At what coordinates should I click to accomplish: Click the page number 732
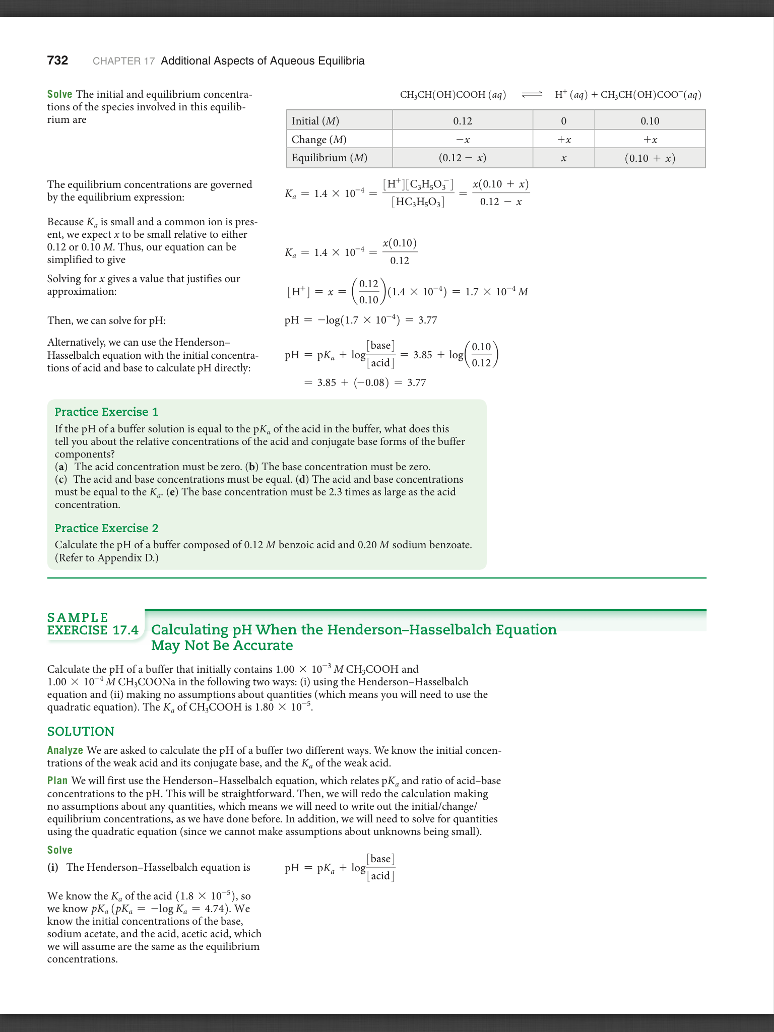[57, 61]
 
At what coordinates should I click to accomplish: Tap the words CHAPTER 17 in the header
[123, 61]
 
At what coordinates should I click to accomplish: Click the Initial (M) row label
[315, 121]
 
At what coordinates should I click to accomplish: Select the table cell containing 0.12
[462, 121]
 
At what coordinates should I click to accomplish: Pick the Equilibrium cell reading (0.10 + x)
[650, 158]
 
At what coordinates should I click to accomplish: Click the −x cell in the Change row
[462, 140]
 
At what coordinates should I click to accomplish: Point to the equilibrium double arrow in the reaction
[532, 94]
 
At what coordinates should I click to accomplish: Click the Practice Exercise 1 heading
[106, 412]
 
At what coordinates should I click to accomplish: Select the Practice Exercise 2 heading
[106, 528]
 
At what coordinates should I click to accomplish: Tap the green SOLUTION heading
[81, 731]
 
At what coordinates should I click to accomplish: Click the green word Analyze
[65, 750]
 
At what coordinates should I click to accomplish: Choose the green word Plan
[57, 781]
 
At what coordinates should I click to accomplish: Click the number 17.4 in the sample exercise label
[125, 630]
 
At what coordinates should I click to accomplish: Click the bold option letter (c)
[61, 479]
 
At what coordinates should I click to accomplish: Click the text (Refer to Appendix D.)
[106, 558]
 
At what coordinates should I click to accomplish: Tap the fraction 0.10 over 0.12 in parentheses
[481, 355]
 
